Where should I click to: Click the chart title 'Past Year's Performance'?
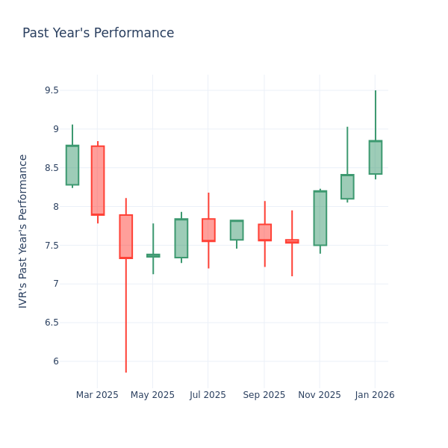98,34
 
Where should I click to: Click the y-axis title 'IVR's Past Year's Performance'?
23,231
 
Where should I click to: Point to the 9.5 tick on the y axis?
51,90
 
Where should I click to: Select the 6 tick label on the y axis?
55,361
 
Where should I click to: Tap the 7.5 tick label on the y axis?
51,245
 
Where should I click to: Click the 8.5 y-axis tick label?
51,168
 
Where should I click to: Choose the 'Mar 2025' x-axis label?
97,395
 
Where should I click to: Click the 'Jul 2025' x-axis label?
208,395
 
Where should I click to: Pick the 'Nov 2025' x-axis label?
319,395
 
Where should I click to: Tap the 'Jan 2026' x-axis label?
375,395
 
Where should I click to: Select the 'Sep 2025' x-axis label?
264,395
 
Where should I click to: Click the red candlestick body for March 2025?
98,180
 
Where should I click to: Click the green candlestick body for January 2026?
375,158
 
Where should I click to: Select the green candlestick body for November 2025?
320,218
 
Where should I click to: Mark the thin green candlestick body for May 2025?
153,255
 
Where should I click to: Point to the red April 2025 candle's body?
125,236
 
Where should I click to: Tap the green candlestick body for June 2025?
181,238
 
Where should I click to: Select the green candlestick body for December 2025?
347,187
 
